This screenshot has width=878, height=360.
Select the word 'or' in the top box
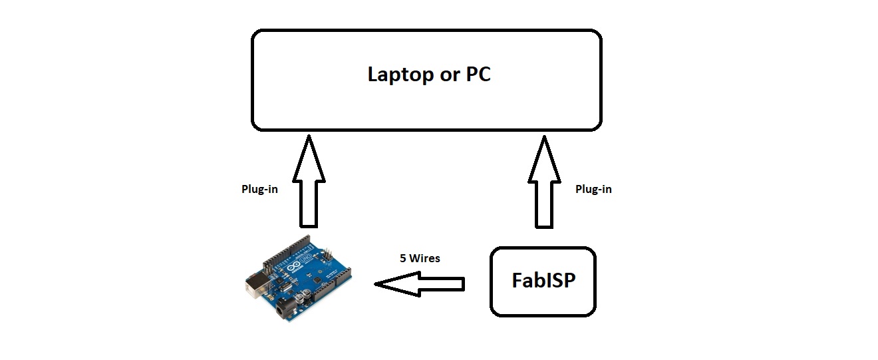coord(445,75)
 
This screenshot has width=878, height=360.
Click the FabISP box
coord(543,281)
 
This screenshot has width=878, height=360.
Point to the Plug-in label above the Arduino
coord(259,189)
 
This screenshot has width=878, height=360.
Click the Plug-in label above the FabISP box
coord(593,189)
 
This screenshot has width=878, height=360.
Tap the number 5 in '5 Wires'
coord(403,258)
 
